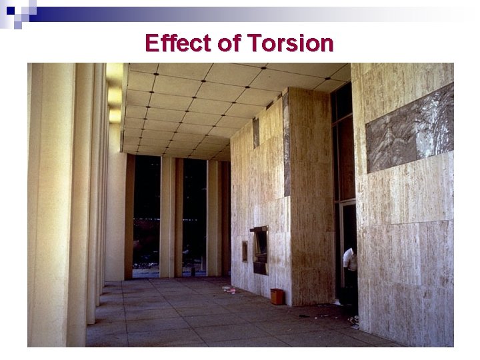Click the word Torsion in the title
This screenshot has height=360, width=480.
click(x=290, y=44)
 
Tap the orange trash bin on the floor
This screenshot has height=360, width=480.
click(x=277, y=296)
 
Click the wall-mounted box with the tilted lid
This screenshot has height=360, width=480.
click(x=259, y=247)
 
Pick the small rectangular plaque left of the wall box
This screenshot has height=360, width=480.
click(x=244, y=251)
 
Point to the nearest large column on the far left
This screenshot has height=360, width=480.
click(x=50, y=200)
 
